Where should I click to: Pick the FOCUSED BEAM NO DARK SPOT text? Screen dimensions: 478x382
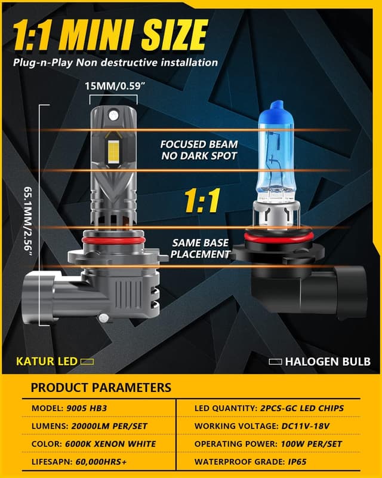click(199, 150)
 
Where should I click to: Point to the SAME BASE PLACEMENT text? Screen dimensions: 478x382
click(201, 249)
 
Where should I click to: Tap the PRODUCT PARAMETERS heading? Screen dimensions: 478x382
click(101, 387)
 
